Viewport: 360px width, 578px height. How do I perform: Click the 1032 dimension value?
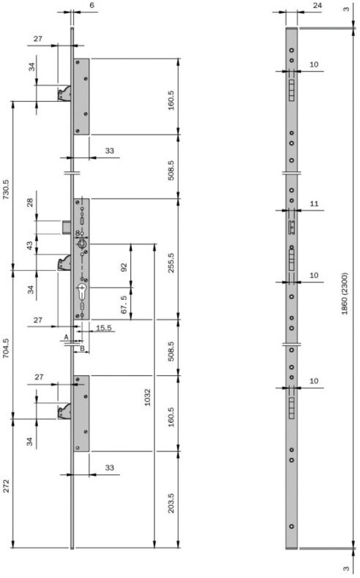click(x=147, y=397)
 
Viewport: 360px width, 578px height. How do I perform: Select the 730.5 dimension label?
click(x=7, y=189)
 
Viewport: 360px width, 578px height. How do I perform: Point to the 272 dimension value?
click(x=7, y=486)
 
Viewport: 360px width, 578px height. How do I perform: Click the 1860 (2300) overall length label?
click(x=345, y=293)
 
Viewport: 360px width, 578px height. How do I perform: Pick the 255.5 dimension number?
click(x=171, y=263)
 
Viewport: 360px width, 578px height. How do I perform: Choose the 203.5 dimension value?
click(x=171, y=503)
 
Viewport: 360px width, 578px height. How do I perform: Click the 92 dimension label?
click(x=124, y=267)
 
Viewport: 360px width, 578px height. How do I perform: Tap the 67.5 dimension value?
click(x=124, y=304)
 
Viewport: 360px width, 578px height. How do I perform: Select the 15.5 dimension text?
click(x=104, y=328)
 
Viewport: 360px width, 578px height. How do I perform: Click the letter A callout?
click(x=67, y=337)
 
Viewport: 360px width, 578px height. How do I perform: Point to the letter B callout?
click(x=82, y=348)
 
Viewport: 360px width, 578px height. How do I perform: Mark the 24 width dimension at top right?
click(x=317, y=6)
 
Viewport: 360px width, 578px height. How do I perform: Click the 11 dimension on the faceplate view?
click(x=315, y=203)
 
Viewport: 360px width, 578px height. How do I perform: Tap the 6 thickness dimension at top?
click(x=91, y=6)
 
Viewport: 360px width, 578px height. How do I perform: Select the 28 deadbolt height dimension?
click(x=30, y=203)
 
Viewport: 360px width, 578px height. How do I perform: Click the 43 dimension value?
click(x=30, y=244)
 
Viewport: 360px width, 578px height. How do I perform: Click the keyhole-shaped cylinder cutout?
click(x=81, y=292)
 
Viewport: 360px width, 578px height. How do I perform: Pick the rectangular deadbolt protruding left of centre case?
click(x=66, y=227)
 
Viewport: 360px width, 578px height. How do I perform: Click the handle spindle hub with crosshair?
click(x=81, y=244)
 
